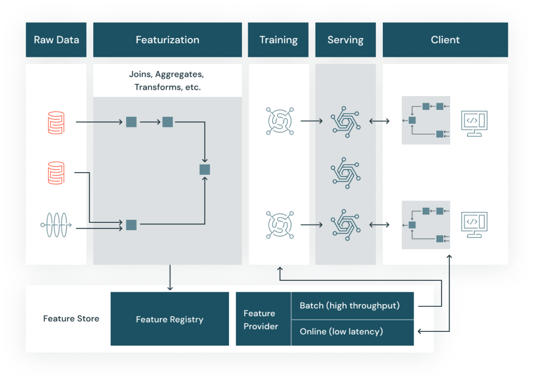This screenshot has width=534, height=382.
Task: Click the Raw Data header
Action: (x=56, y=40)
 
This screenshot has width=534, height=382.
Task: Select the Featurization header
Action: (x=167, y=40)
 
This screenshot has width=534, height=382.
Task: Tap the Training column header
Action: (x=278, y=40)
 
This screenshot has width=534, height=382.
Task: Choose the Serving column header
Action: (x=345, y=40)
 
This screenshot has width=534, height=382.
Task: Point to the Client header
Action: (x=445, y=40)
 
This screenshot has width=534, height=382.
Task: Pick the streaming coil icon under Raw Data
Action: (x=56, y=225)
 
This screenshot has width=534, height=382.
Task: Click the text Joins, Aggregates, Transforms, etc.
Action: (x=167, y=81)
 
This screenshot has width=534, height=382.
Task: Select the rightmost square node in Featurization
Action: (x=204, y=169)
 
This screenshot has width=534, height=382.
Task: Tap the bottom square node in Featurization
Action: (x=131, y=225)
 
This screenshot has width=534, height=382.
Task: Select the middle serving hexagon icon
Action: (x=346, y=173)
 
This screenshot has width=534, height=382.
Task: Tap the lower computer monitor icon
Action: (x=475, y=225)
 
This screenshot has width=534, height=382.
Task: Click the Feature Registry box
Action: (x=169, y=319)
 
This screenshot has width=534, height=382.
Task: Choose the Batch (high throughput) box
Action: (x=352, y=306)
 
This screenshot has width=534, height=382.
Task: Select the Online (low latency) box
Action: (x=352, y=332)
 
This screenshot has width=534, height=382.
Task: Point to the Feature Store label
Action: (x=71, y=319)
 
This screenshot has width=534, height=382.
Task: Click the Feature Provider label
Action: (x=261, y=319)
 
